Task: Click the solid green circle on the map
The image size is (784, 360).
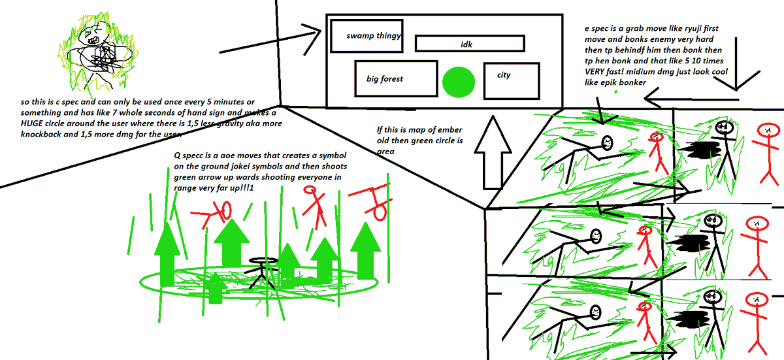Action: [x=459, y=82]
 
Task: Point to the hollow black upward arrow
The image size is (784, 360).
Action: [x=493, y=153]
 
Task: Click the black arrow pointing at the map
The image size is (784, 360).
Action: [x=270, y=41]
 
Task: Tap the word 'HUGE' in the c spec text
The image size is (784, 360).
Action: [x=32, y=123]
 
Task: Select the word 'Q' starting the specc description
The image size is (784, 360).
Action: [x=177, y=155]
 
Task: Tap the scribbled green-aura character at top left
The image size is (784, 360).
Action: [x=98, y=52]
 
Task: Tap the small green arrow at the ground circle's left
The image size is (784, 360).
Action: [x=216, y=288]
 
